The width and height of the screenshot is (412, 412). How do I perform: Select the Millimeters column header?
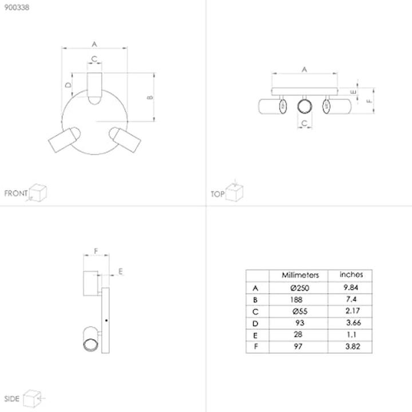point(300,275)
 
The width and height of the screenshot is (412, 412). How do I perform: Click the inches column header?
point(351,275)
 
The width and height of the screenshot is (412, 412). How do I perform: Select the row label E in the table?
point(255,335)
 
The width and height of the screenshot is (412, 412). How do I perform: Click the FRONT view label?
point(15,193)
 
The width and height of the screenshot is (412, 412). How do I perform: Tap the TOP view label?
point(217,194)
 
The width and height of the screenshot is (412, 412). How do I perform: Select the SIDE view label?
point(12,398)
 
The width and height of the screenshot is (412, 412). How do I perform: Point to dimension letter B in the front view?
point(150,97)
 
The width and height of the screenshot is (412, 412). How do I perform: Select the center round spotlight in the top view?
point(304,106)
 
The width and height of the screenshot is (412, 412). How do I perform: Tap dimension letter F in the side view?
point(96,251)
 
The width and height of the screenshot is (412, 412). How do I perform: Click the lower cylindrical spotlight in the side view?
point(92,339)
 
